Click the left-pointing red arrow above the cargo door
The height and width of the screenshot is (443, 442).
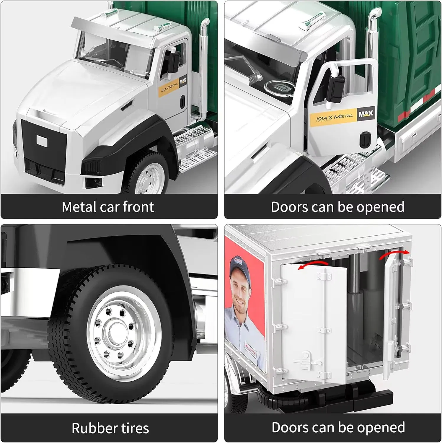313,264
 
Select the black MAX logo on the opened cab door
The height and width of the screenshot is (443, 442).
366,113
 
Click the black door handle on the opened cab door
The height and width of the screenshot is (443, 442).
365,139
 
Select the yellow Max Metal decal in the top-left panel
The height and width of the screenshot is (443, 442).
169,87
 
